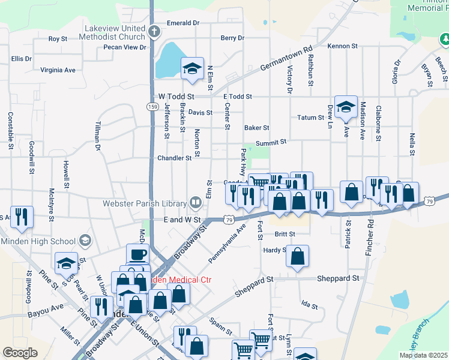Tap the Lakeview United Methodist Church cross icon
tap(154, 31)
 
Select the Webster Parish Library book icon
tap(196, 203)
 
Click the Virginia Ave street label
tap(58, 70)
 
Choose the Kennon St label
tap(342, 46)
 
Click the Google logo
tap(20, 353)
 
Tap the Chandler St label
tap(174, 158)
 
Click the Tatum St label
tap(310, 118)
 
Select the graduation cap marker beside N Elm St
tap(193, 68)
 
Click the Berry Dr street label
tap(232, 38)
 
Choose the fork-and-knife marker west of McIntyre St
tap(22, 217)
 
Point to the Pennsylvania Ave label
tap(228, 243)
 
